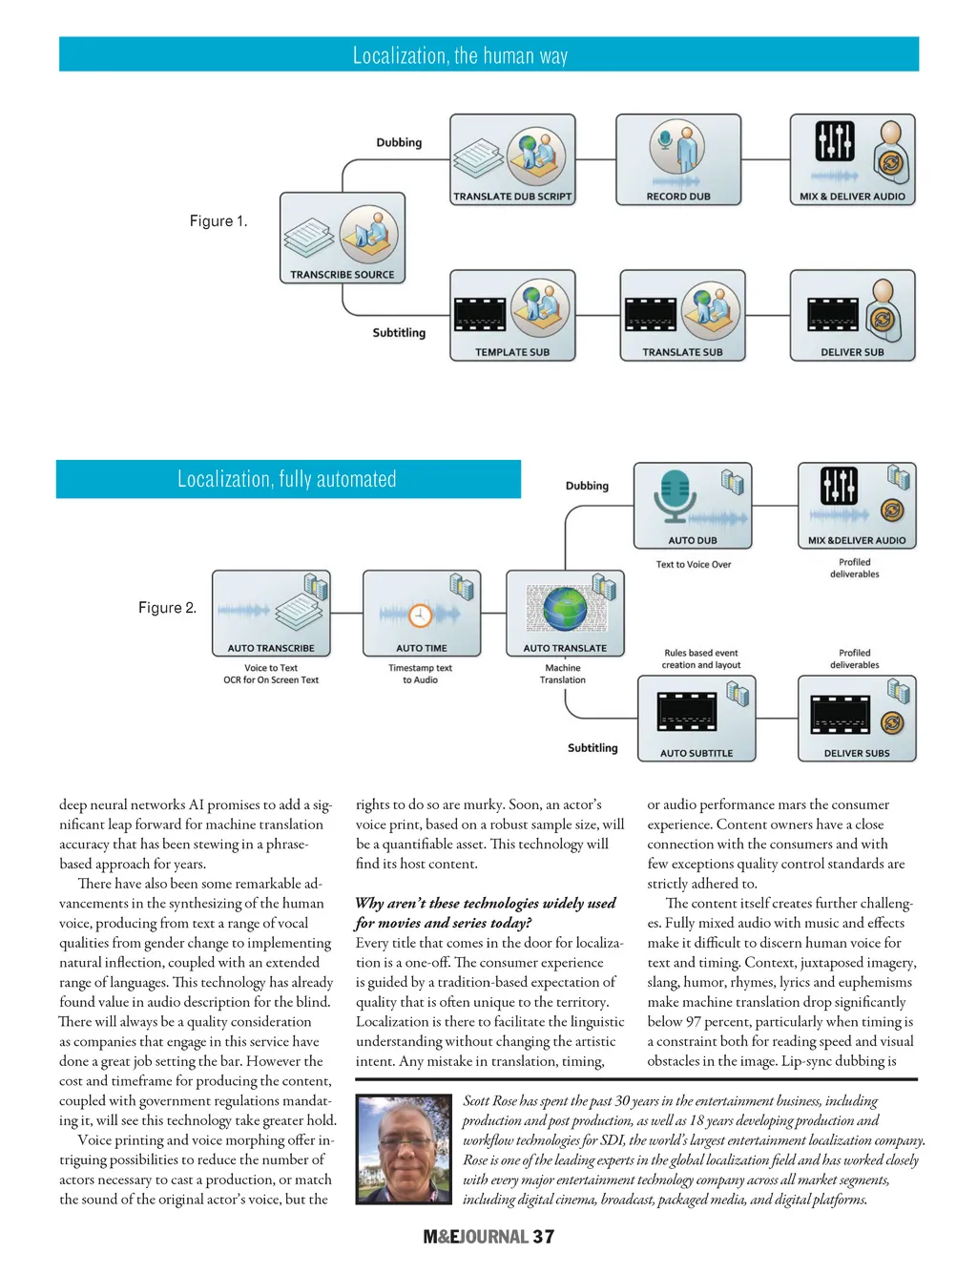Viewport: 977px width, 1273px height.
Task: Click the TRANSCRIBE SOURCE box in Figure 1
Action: (342, 238)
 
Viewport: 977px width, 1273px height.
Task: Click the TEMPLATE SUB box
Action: (512, 315)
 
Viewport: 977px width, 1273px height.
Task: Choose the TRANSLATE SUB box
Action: (682, 315)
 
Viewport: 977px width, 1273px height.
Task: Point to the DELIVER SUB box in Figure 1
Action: (852, 315)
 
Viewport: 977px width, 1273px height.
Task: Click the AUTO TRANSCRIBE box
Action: (271, 613)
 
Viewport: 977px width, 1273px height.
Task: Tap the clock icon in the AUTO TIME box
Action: (421, 615)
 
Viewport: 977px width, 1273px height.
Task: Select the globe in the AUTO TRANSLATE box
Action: (565, 608)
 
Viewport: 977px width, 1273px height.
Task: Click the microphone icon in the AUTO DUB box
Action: (675, 497)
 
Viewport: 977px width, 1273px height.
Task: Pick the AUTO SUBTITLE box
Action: (696, 718)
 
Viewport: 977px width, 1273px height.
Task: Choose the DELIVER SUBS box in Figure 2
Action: (857, 718)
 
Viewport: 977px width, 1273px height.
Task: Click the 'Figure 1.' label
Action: (218, 221)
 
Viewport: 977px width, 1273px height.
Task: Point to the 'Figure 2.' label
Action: (167, 608)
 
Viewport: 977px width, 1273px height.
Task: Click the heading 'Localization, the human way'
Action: (460, 55)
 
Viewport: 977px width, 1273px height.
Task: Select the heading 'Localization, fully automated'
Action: (287, 479)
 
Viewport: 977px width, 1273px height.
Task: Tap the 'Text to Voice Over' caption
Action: (694, 565)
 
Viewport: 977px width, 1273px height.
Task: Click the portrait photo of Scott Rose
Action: (404, 1149)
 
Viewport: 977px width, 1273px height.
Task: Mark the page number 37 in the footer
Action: (544, 1237)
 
